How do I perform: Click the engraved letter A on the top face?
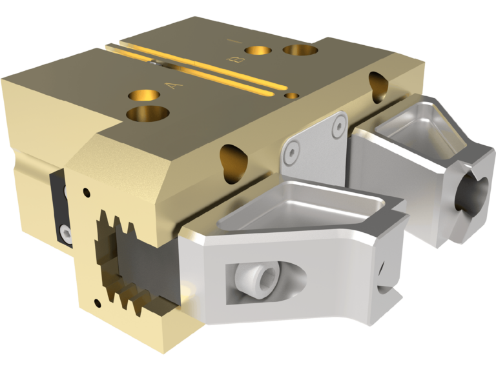coord(170,85)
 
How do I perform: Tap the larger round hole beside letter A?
coord(148,114)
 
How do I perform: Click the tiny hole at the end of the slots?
coord(292,95)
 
